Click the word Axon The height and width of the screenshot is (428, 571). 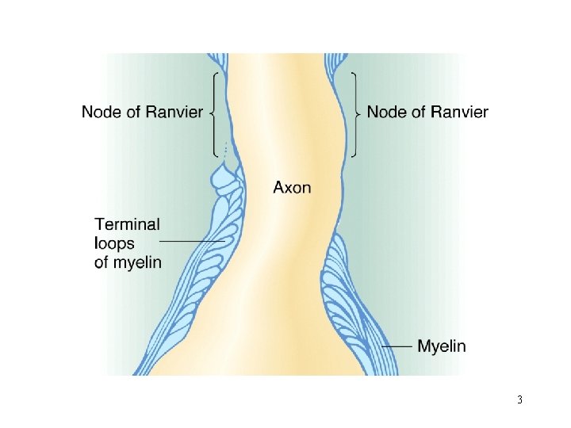(292, 188)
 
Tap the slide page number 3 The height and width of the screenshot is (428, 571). (519, 399)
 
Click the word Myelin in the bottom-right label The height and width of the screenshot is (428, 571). (442, 346)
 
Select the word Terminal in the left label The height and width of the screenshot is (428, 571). (127, 225)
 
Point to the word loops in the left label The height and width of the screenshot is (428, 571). (116, 243)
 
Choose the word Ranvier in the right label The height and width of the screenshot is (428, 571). (459, 113)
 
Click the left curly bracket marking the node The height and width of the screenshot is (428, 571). (213, 113)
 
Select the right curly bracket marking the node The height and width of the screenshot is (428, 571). (355, 113)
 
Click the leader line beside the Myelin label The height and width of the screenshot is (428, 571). (397, 346)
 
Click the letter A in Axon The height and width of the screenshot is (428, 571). (279, 188)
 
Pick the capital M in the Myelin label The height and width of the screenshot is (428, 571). (423, 346)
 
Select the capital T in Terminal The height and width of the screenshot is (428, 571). (100, 225)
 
